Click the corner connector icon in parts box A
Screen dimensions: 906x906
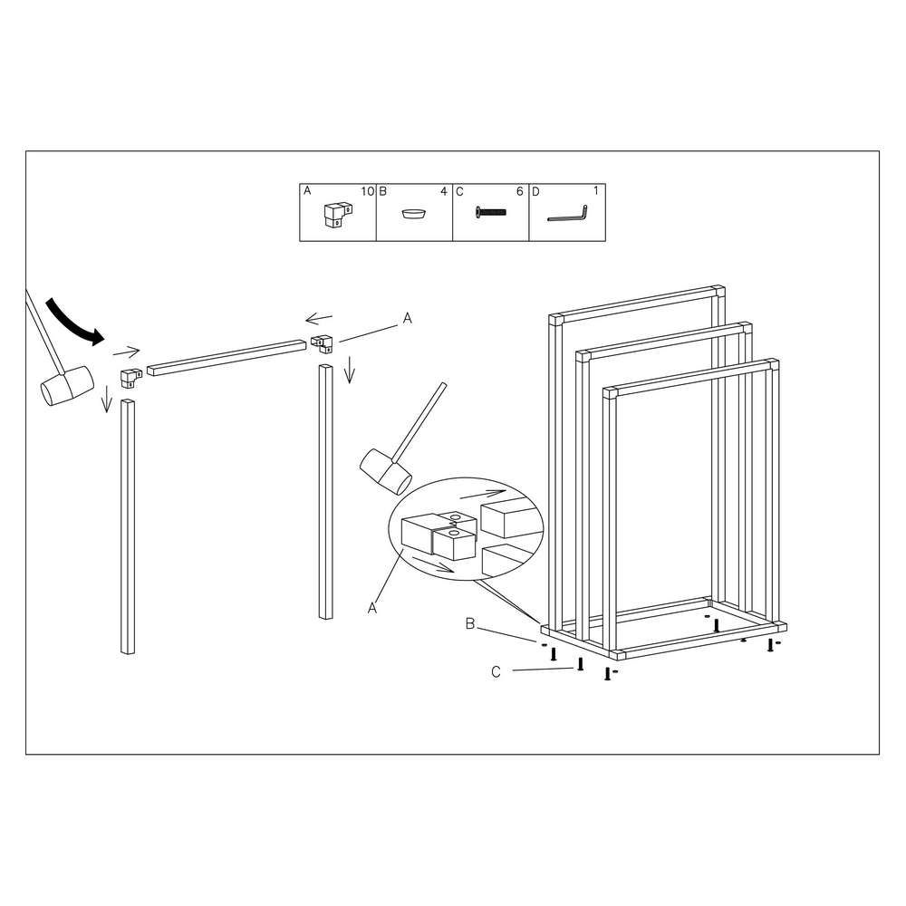[x=338, y=215]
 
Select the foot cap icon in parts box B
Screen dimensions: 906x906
[x=414, y=214]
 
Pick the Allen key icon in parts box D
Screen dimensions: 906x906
[x=567, y=215]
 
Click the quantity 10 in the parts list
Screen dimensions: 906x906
[x=368, y=191]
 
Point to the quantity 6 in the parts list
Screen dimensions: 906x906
[x=519, y=191]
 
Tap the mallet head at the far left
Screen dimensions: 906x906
[x=67, y=385]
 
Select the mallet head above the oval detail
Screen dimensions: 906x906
[x=385, y=471]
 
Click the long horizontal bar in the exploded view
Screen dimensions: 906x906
[x=226, y=358]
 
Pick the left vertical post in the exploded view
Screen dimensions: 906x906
[x=128, y=526]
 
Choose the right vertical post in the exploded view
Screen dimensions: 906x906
[x=326, y=492]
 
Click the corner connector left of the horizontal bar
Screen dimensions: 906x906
[x=131, y=378]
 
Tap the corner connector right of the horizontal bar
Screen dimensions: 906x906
[x=322, y=343]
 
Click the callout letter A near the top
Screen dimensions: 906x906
[x=408, y=318]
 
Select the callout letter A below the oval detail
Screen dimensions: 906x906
[x=372, y=608]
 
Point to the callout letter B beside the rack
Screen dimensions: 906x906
[x=470, y=624]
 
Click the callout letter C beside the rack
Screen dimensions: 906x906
[x=496, y=672]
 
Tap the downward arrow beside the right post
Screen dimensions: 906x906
[x=349, y=370]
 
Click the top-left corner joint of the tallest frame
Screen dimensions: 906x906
[x=556, y=320]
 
